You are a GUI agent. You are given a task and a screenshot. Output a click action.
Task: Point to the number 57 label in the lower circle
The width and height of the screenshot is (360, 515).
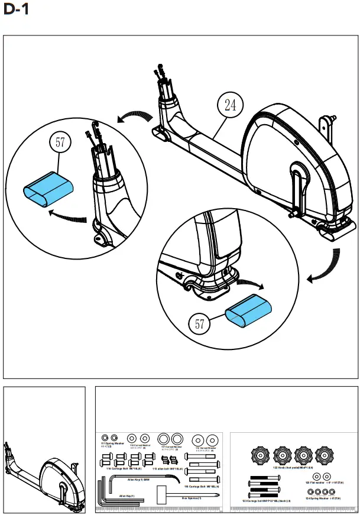(201, 324)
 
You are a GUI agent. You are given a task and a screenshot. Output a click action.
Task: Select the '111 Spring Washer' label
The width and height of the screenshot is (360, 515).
(112, 443)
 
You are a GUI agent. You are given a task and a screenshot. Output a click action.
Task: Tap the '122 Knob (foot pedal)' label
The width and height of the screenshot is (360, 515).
(290, 467)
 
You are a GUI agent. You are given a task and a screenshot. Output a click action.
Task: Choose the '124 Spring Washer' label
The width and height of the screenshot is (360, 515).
(322, 498)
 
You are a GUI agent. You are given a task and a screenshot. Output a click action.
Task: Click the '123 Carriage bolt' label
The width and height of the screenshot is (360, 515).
(267, 501)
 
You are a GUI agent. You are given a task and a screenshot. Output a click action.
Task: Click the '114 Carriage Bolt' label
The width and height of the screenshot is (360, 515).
(124, 468)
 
